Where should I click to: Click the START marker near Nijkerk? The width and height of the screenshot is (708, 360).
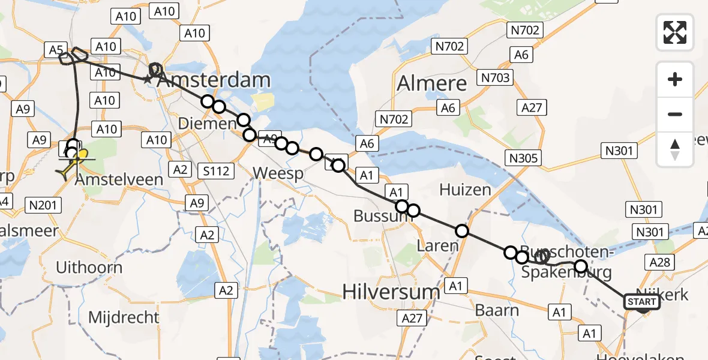pyautogui.click(x=642, y=302)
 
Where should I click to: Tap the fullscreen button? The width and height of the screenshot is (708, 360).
pyautogui.click(x=675, y=32)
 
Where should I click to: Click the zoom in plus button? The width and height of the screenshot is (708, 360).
pyautogui.click(x=675, y=79)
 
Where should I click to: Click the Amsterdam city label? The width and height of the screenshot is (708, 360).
pyautogui.click(x=214, y=81)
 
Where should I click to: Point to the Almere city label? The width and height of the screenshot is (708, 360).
pyautogui.click(x=431, y=83)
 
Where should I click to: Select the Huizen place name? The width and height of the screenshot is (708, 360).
pyautogui.click(x=465, y=190)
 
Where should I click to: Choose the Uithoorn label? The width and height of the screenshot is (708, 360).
pyautogui.click(x=89, y=268)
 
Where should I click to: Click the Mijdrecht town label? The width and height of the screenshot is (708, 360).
pyautogui.click(x=124, y=317)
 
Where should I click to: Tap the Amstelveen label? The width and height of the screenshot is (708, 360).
pyautogui.click(x=124, y=179)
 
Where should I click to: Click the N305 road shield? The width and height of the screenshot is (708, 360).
pyautogui.click(x=524, y=158)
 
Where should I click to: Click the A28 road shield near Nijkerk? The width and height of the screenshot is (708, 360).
pyautogui.click(x=662, y=262)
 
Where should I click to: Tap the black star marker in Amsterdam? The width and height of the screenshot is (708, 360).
pyautogui.click(x=147, y=79)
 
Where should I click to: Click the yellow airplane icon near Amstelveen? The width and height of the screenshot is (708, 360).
pyautogui.click(x=65, y=173)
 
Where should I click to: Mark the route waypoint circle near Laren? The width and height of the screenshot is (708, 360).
pyautogui.click(x=461, y=230)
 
